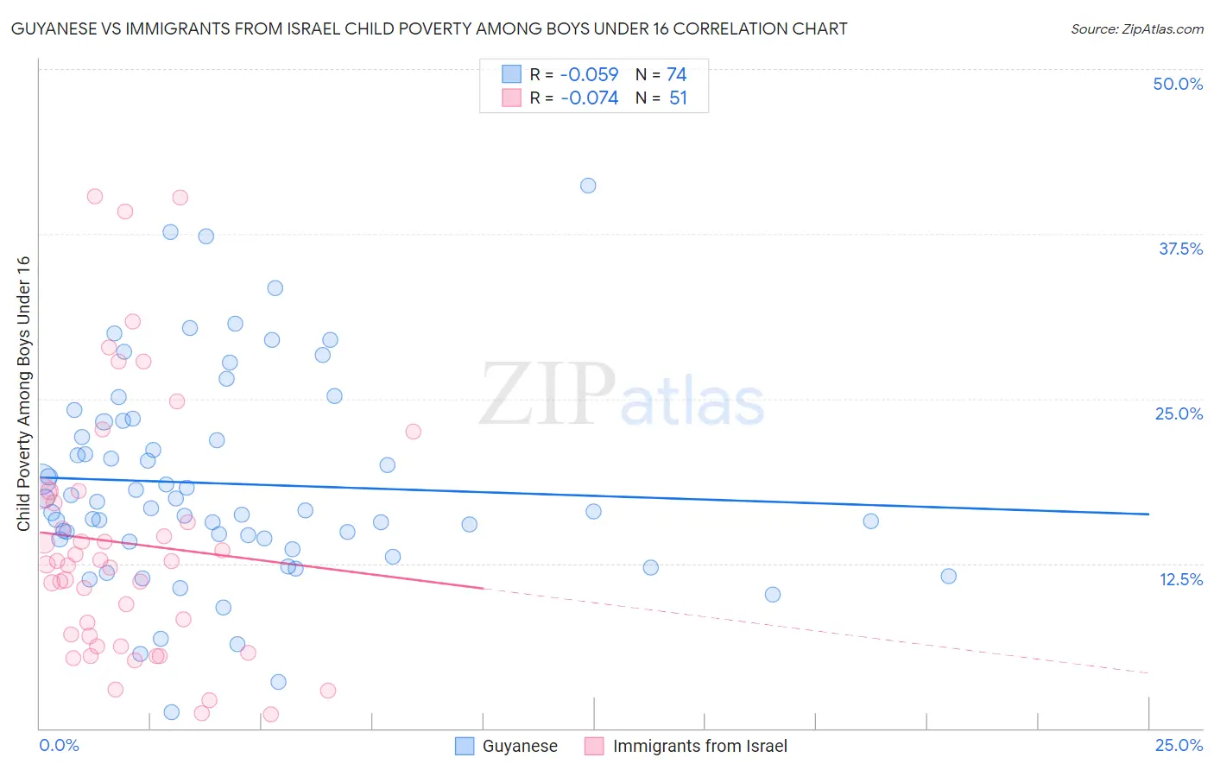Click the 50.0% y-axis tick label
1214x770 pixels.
coord(1178,84)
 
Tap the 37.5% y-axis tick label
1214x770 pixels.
coord(1180,249)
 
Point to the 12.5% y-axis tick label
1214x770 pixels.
coord(1180,579)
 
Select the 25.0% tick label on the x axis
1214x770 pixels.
coord(1179,745)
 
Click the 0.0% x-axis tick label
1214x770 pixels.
coord(59,745)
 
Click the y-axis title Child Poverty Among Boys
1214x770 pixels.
coord(23,394)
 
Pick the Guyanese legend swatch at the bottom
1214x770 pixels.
coord(465,746)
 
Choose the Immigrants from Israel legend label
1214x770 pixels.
coord(700,746)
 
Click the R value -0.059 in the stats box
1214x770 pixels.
coord(590,75)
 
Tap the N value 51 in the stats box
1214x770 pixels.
coord(678,98)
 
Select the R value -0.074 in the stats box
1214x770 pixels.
coord(590,98)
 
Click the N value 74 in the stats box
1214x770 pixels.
coord(677,75)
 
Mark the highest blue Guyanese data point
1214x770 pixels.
coord(588,186)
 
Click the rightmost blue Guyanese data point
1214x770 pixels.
coord(948,577)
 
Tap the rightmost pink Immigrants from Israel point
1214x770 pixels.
coord(413,432)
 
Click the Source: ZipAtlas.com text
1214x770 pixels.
coord(1136,29)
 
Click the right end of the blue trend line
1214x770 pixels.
coord(1148,514)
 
